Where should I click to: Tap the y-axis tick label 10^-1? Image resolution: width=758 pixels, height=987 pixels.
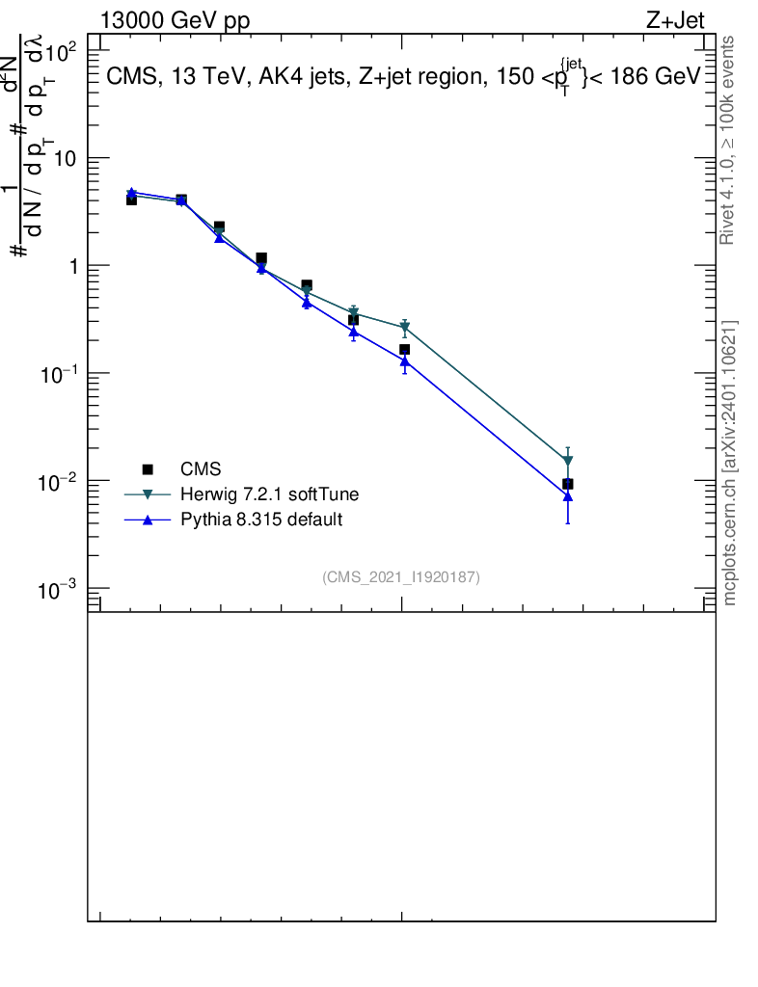[x=69, y=373]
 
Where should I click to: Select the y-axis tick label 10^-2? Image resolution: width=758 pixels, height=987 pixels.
[x=69, y=481]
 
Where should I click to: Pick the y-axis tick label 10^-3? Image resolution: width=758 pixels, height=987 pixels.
[x=69, y=589]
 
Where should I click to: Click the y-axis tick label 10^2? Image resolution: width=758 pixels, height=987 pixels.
[x=72, y=51]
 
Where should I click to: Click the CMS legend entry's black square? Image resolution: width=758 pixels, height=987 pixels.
[x=148, y=469]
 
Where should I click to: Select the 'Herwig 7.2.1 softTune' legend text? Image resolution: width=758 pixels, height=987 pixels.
[x=270, y=494]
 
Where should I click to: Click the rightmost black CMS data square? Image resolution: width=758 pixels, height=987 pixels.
[x=568, y=484]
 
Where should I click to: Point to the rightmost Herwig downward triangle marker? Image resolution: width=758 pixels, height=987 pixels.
[x=568, y=462]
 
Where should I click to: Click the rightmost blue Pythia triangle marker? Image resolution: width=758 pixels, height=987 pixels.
[x=568, y=496]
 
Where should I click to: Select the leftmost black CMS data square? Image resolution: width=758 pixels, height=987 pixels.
[x=131, y=200]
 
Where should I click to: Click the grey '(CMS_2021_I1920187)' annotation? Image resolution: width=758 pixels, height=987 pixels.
[x=401, y=577]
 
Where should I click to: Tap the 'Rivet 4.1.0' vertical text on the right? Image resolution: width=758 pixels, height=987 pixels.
[x=728, y=207]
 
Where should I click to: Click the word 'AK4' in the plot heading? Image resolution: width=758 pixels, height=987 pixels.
[x=253, y=77]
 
